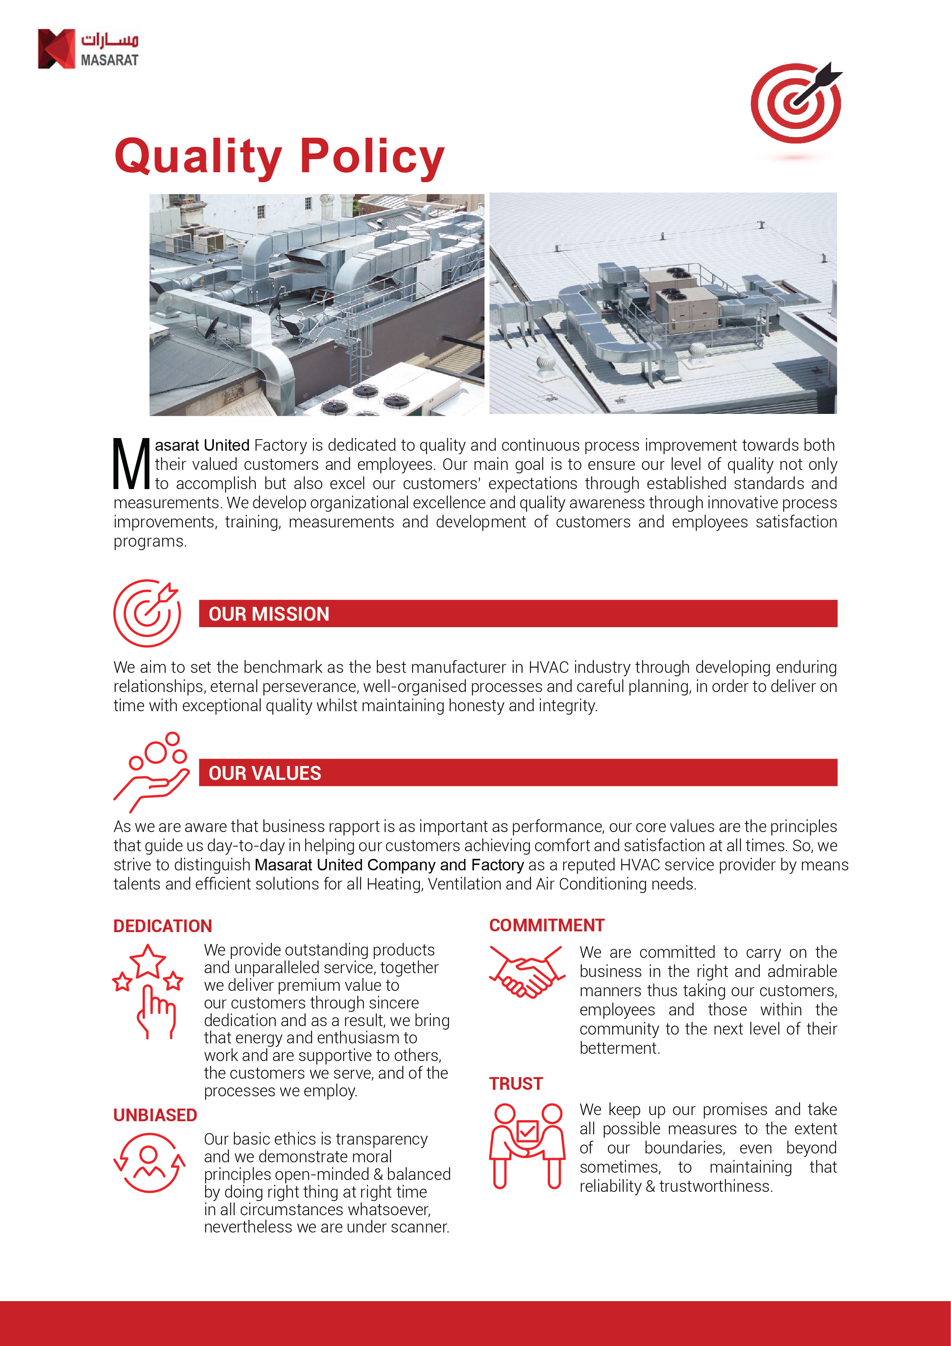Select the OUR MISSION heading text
pos(269,614)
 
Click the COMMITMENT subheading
pos(547,925)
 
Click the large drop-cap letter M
pos(132,464)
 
